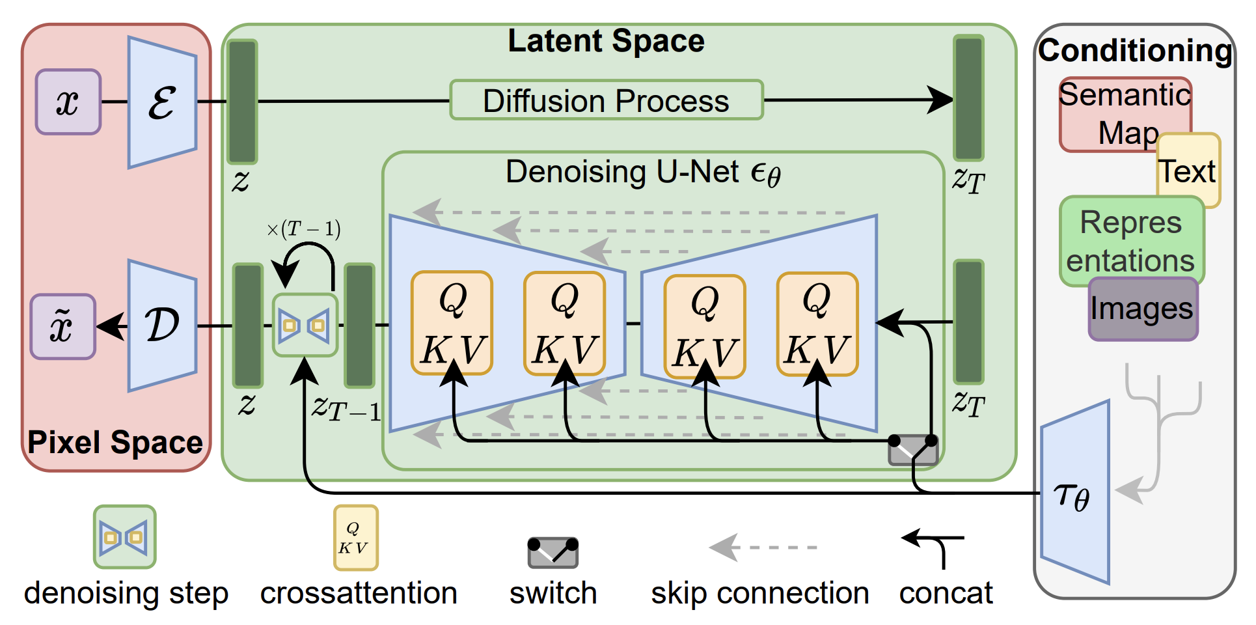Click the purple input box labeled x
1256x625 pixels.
point(68,102)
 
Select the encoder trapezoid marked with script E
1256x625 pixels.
point(162,102)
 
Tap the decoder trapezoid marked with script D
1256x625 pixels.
point(162,326)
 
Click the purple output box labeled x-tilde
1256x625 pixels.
point(63,326)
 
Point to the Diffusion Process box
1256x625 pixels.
point(606,100)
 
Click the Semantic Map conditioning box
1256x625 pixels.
point(1125,115)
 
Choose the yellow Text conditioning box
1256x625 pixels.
point(1188,171)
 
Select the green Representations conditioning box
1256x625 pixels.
point(1132,242)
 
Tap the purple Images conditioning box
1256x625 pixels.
point(1143,309)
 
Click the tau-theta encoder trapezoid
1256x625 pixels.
point(1075,492)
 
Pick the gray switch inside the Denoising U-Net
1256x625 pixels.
point(913,450)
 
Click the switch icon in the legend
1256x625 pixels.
point(553,553)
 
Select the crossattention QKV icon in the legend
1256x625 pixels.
point(355,538)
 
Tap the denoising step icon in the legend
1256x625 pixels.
point(124,537)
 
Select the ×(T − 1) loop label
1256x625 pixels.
point(303,229)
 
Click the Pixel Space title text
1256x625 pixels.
point(115,443)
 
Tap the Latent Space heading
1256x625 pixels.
point(606,40)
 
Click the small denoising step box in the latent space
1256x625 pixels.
point(305,325)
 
